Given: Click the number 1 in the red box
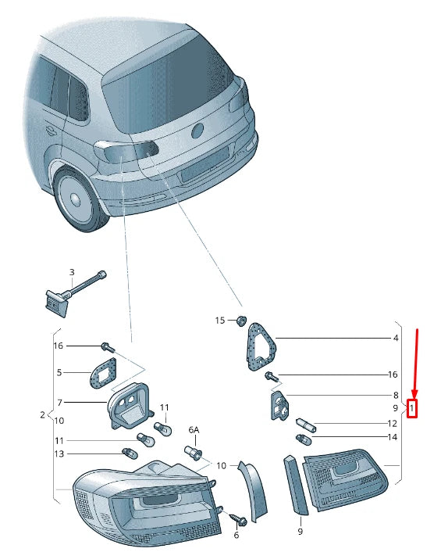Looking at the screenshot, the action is [x=411, y=409].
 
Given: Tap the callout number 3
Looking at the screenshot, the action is [x=72, y=272].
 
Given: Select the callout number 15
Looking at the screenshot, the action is [x=220, y=320].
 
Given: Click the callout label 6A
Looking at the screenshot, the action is [x=194, y=430].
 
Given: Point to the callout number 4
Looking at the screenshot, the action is [x=396, y=338].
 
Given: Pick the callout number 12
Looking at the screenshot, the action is [x=392, y=424].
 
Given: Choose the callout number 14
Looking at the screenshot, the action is [x=392, y=437].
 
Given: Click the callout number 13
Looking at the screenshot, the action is [x=59, y=453].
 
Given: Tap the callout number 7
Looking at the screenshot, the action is [x=60, y=402].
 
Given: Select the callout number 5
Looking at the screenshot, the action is [x=59, y=372].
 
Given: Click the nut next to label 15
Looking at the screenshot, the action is [x=241, y=321].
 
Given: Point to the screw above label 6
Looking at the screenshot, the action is [x=238, y=519].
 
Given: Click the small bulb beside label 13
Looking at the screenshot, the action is [x=130, y=453].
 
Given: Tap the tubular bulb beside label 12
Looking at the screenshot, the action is [x=307, y=425].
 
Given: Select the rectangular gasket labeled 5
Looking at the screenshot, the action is [x=104, y=373].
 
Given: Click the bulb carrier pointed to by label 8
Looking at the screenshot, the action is [x=279, y=405].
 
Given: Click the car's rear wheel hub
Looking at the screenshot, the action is [x=76, y=199].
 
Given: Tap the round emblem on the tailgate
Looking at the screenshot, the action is [x=197, y=131].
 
